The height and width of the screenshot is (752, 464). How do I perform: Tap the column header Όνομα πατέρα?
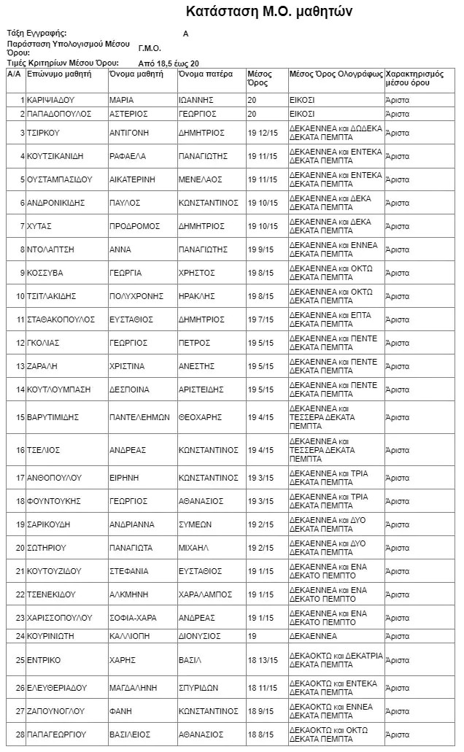(205, 74)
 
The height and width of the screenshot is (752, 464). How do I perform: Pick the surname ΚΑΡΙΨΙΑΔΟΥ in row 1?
(51, 100)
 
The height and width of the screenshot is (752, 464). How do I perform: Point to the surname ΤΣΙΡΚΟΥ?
(42, 133)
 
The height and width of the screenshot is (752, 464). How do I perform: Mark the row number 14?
(20, 389)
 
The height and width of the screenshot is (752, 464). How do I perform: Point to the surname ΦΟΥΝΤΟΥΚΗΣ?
(53, 501)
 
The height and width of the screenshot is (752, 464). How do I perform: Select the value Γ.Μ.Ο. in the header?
(149, 48)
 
